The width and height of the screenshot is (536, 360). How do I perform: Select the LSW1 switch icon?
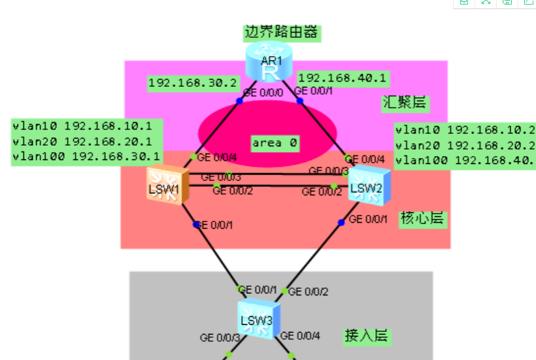pos(167,186)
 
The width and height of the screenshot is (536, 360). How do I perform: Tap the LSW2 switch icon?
pos(369,184)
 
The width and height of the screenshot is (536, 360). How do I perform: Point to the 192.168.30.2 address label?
pos(193,83)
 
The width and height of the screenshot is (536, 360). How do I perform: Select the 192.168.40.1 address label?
pos(343,79)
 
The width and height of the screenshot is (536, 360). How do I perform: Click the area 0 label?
pos(275,142)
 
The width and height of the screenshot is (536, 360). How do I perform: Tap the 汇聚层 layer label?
pos(405,103)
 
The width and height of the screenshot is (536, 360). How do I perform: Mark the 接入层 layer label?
pos(366,336)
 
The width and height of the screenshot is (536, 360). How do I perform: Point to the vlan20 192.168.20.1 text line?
pos(82,141)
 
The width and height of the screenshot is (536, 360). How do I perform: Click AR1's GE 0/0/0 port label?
pos(263,93)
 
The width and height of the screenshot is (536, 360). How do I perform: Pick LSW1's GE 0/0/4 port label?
pos(218,157)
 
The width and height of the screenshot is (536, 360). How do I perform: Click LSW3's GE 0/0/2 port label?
pos(308,291)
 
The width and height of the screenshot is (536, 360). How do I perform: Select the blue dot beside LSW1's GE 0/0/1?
pos(196,224)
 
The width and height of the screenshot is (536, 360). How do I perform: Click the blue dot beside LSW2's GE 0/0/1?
pos(341,222)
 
